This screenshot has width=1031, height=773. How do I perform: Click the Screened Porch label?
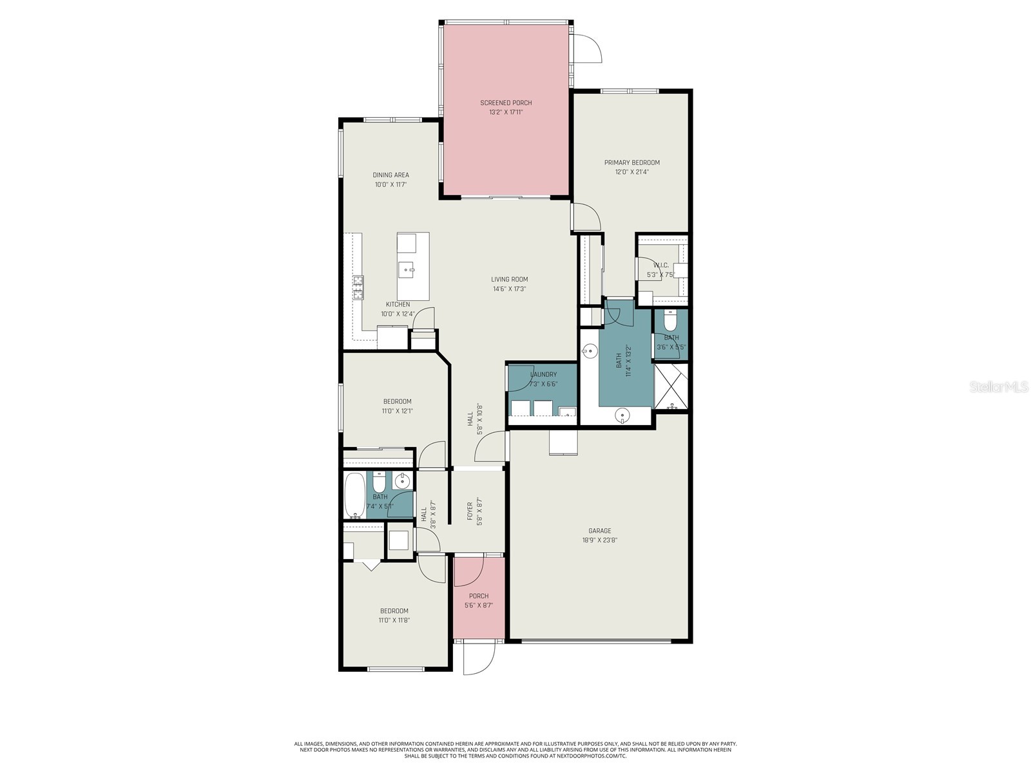(x=506, y=103)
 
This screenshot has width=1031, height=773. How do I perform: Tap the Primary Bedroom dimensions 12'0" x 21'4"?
(x=631, y=172)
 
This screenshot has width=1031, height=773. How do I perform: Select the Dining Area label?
(x=390, y=175)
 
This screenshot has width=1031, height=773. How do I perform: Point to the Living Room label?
(x=509, y=280)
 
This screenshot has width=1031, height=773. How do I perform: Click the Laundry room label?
(x=543, y=374)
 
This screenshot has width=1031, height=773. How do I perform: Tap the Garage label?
(x=599, y=531)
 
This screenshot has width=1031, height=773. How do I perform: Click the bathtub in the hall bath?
(x=354, y=495)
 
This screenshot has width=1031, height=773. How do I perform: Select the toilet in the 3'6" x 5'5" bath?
(x=670, y=320)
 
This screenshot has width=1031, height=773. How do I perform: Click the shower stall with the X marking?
(x=671, y=386)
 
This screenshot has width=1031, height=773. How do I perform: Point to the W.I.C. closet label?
(x=660, y=265)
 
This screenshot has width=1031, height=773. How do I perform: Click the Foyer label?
(x=470, y=511)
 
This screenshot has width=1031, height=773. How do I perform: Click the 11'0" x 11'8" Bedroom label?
(x=394, y=611)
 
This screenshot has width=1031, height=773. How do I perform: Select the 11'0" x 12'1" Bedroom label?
(x=397, y=401)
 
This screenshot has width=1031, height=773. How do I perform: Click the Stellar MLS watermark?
(x=998, y=386)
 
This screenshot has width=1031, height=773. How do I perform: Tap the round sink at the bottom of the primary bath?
(x=622, y=415)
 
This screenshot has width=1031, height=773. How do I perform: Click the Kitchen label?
(x=398, y=304)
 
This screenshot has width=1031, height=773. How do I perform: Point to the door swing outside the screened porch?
(x=588, y=48)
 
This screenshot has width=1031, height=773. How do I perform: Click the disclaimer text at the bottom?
(x=515, y=749)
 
